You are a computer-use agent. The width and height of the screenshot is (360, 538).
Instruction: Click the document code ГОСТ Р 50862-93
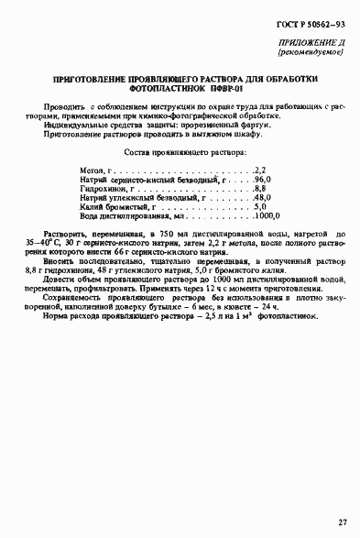pyautogui.click(x=310, y=24)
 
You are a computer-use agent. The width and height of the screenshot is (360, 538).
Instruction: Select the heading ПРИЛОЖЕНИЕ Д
pyautogui.click(x=311, y=44)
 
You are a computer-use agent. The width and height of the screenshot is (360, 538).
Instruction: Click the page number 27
pyautogui.click(x=341, y=522)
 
